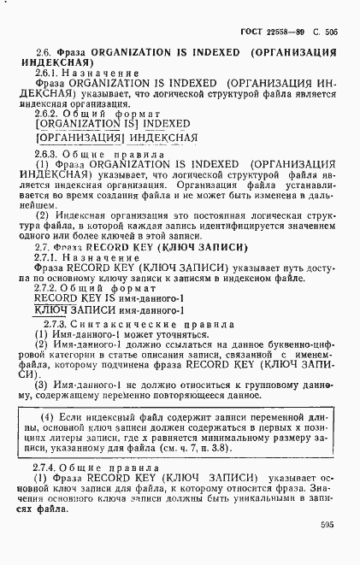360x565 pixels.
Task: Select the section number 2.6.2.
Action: pos(49,113)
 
